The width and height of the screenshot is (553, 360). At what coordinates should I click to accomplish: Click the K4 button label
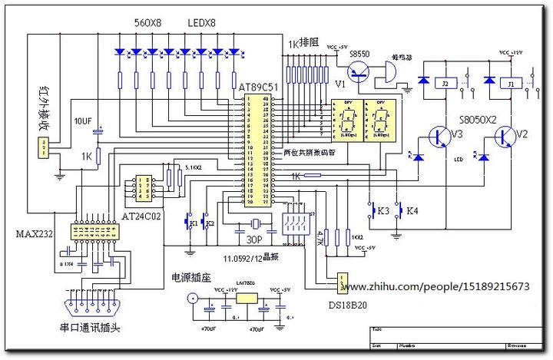(x=412, y=210)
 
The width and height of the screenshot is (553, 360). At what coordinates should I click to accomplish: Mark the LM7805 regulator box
(x=247, y=296)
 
